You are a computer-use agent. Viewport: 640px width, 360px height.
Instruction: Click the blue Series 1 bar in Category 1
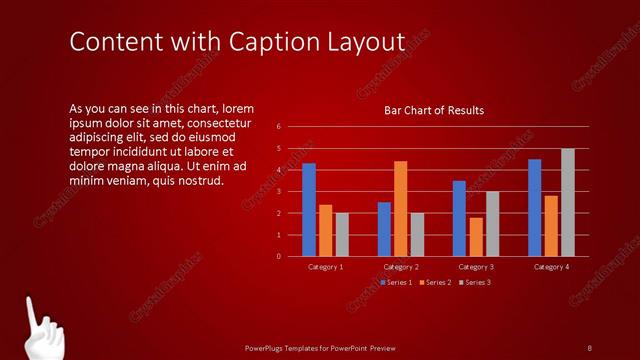tap(309, 209)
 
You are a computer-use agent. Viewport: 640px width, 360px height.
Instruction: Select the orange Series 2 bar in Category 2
tap(400, 208)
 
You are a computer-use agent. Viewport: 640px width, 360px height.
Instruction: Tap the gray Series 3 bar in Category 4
tap(568, 202)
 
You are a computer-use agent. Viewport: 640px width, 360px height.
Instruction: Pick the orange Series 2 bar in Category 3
tap(476, 236)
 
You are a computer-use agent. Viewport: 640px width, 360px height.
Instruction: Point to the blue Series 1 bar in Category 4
tap(535, 207)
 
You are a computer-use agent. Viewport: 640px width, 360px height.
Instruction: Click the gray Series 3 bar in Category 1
tap(342, 234)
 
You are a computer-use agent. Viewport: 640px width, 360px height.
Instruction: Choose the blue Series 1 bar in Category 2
tap(384, 229)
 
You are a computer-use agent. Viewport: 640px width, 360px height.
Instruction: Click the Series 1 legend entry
tap(397, 282)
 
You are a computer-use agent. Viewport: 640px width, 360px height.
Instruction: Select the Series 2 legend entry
tap(437, 282)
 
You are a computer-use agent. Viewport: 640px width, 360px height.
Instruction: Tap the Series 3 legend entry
tap(477, 282)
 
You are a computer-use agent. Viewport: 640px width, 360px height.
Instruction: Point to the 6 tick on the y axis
tap(279, 127)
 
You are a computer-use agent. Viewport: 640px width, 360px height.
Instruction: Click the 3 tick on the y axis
tap(279, 191)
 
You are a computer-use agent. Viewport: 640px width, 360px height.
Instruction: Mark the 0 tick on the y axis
tap(279, 256)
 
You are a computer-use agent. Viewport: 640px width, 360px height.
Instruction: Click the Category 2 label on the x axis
tap(401, 267)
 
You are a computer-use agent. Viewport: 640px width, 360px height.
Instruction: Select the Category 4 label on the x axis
tap(552, 267)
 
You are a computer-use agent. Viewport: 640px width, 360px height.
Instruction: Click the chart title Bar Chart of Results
tap(434, 110)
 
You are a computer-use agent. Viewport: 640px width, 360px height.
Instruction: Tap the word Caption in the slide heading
tap(280, 42)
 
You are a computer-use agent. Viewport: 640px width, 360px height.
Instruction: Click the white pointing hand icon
tap(40, 330)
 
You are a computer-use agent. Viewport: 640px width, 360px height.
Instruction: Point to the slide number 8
tap(590, 347)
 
